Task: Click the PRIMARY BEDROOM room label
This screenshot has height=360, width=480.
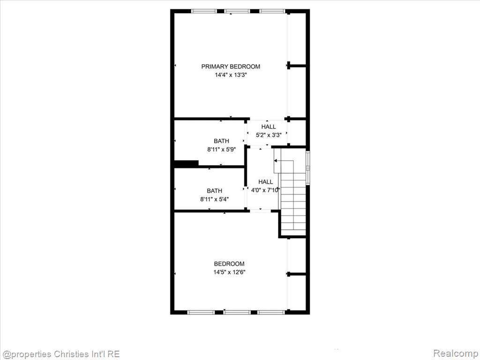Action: pos(231,67)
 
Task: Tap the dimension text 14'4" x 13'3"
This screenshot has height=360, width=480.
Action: pos(231,75)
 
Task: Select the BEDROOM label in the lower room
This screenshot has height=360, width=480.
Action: pos(229,264)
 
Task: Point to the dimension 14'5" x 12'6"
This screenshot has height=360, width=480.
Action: pos(229,272)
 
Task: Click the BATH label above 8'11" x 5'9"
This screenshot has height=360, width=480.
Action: pos(221,141)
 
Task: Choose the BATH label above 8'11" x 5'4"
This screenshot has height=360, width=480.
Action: pos(214,191)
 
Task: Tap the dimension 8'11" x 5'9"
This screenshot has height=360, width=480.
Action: pos(221,150)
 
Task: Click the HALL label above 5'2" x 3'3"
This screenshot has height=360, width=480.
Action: pos(269,127)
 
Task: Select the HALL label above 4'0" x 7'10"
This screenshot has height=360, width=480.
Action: pos(265,182)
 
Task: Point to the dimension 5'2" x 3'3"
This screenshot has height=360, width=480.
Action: pos(269,135)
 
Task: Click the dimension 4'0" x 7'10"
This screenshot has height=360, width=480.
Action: pos(265,190)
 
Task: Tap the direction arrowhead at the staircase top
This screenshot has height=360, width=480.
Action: pos(275,161)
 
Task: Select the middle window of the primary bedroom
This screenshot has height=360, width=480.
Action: pos(237,11)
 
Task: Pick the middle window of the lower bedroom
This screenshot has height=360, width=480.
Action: pos(237,312)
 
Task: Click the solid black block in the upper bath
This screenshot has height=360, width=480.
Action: pos(187,163)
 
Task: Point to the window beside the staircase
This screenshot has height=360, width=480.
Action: pos(308,168)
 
